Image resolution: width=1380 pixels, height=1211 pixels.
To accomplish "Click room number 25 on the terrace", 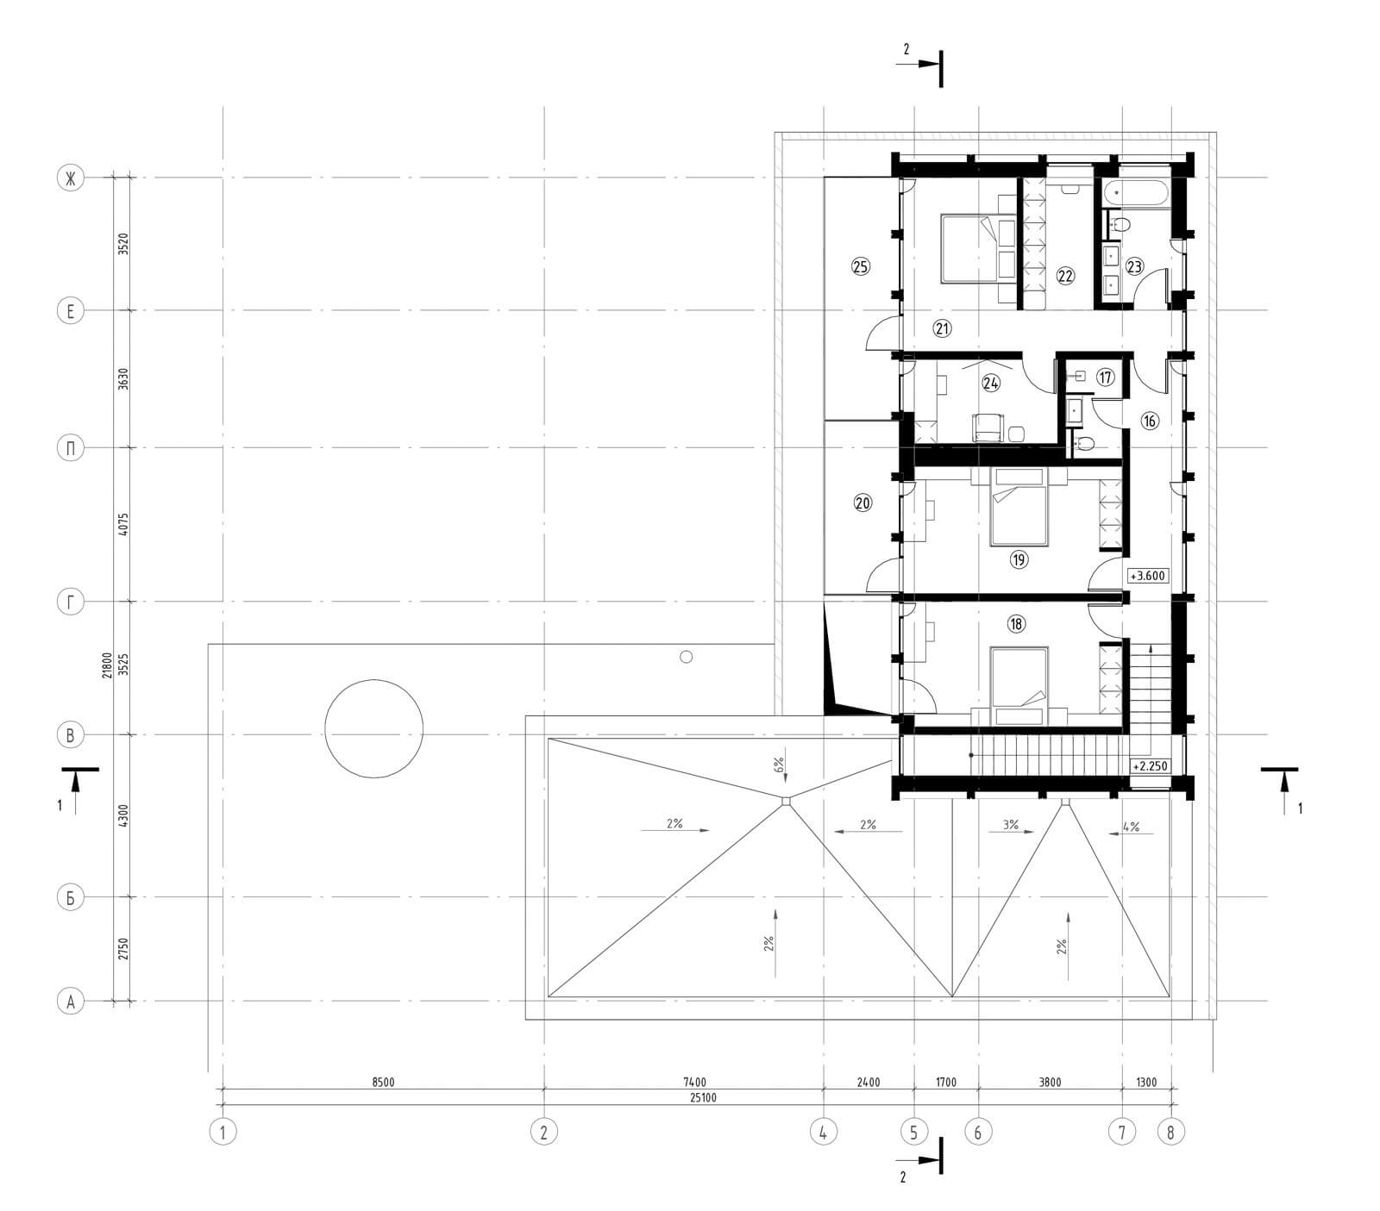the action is (x=860, y=266).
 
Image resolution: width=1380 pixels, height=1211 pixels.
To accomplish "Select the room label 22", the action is (x=1064, y=276).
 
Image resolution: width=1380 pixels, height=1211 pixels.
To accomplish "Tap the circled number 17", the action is (x=1106, y=377).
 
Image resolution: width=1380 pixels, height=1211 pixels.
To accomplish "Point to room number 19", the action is (x=1019, y=559).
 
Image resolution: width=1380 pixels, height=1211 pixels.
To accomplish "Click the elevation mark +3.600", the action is (x=1148, y=575).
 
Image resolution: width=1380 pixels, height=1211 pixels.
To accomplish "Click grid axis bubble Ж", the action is (x=71, y=178).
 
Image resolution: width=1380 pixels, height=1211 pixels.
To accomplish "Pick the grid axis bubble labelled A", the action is (x=71, y=1002).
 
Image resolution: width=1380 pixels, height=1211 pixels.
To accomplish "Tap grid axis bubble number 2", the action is (x=543, y=1132).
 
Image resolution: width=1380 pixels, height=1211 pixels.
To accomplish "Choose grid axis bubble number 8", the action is (x=1170, y=1132).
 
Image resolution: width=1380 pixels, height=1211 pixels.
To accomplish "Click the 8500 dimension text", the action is (x=383, y=1083).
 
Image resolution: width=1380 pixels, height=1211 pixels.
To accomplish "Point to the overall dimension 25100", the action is (x=703, y=1097).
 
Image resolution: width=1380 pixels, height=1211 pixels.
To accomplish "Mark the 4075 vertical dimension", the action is (x=123, y=525).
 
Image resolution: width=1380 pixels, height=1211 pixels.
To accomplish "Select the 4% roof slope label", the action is (x=1131, y=827).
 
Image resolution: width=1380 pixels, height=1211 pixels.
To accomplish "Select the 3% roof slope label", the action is (x=1011, y=825).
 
